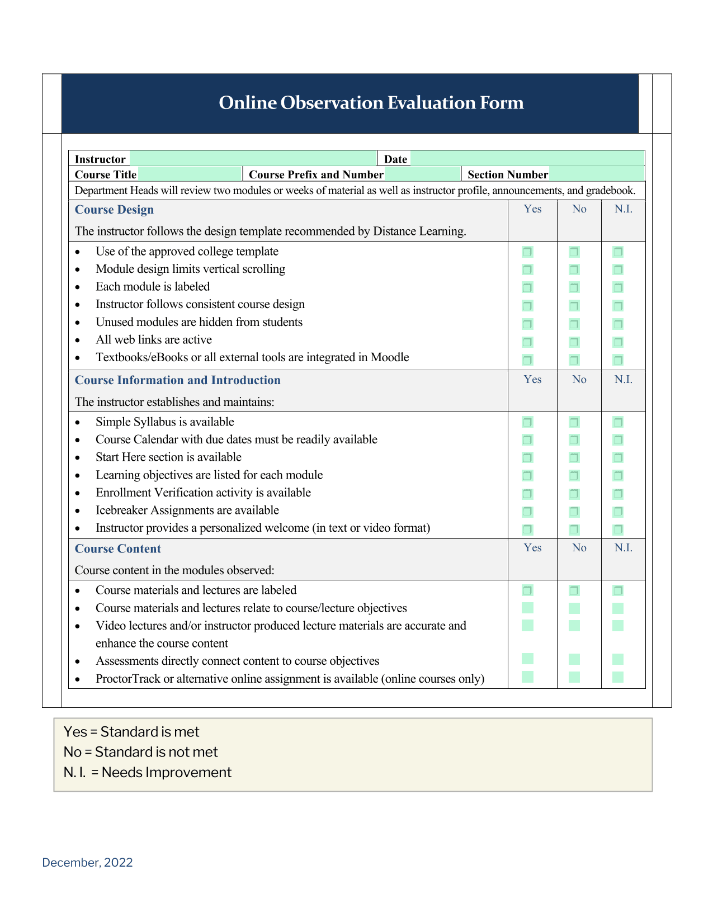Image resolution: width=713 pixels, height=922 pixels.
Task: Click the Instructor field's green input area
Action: [253, 159]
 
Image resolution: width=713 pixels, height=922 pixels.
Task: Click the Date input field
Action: [527, 159]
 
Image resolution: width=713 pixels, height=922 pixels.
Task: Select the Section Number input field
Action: [596, 174]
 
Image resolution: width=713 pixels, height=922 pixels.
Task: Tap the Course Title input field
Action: [190, 174]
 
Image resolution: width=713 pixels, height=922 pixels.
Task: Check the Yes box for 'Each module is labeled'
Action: [527, 287]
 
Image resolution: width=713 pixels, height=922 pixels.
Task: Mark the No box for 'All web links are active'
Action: [574, 342]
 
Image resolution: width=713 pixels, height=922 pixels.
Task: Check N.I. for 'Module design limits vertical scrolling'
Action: [618, 269]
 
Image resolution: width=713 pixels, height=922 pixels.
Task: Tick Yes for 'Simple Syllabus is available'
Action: [527, 422]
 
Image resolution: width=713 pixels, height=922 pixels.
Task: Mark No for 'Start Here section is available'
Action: [574, 458]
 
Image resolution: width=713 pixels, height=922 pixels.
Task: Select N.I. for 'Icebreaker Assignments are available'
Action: [618, 512]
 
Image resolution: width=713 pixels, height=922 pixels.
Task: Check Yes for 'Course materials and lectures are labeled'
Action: [527, 590]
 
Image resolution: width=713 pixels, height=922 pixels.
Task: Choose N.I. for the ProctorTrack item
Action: [618, 677]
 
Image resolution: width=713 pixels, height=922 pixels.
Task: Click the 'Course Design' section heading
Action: [114, 210]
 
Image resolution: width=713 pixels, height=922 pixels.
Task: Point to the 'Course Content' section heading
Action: [118, 549]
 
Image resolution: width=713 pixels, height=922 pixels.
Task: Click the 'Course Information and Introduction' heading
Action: [178, 380]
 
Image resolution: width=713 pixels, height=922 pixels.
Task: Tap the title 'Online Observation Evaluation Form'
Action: [371, 103]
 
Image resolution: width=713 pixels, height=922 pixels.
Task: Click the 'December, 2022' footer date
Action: [88, 863]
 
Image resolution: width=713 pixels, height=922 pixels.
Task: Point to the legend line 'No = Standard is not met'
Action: [141, 752]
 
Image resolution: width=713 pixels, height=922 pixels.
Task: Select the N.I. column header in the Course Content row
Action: [624, 548]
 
